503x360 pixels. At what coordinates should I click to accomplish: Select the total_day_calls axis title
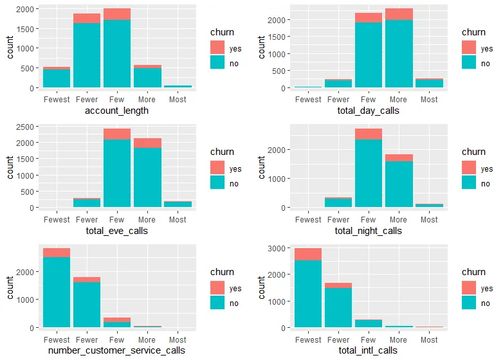(368, 111)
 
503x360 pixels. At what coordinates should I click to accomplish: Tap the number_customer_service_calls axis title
(116, 350)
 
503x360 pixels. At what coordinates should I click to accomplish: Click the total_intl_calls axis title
(368, 350)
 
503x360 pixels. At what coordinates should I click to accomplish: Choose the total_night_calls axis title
(368, 230)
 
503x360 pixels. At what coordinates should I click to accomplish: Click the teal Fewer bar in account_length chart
(87, 55)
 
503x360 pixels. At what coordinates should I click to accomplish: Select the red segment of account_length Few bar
(117, 14)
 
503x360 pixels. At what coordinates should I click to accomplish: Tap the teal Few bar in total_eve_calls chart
(117, 173)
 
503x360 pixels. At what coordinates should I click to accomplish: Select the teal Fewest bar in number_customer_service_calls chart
(57, 292)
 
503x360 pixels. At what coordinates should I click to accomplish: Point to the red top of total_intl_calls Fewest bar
(308, 254)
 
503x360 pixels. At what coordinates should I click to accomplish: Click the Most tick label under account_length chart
(178, 100)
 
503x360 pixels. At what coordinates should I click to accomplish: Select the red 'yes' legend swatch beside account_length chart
(218, 47)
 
